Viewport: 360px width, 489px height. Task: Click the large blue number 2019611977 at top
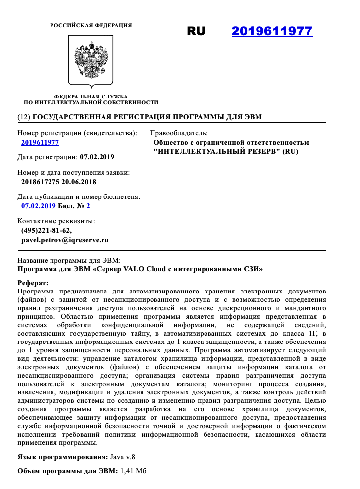(x=272, y=31)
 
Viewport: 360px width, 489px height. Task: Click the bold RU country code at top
(x=196, y=31)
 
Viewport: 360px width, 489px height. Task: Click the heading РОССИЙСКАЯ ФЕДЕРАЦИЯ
(x=91, y=25)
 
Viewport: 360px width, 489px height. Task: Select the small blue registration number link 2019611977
(x=40, y=143)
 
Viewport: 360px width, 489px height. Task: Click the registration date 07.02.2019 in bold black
(x=97, y=157)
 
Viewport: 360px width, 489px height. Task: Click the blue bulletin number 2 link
(x=88, y=206)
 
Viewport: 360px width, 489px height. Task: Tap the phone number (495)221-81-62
(x=47, y=230)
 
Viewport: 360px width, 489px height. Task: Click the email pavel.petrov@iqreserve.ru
(x=64, y=240)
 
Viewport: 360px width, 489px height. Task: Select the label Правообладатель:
(x=179, y=133)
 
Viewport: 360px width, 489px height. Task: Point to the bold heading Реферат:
(x=33, y=283)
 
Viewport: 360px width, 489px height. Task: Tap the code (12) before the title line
(x=23, y=117)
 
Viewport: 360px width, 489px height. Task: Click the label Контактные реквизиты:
(x=56, y=221)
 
